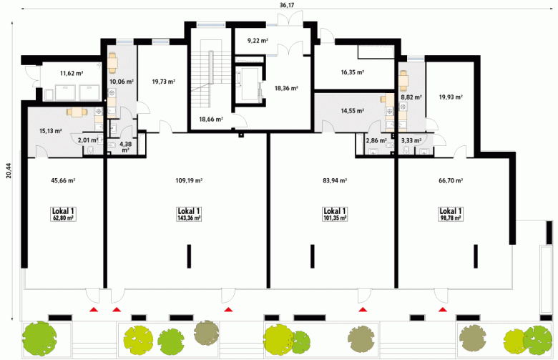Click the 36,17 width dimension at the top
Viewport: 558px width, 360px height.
[287, 4]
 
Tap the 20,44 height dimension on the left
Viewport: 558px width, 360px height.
[9, 170]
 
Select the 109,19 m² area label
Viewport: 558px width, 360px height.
[189, 180]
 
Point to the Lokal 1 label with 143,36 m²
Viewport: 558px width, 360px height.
[189, 215]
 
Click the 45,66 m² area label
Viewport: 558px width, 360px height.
[63, 180]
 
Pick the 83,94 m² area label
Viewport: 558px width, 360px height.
[335, 180]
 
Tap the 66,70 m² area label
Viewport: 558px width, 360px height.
[451, 180]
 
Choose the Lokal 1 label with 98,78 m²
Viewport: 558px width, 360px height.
[451, 215]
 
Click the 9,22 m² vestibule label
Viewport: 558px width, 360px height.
[258, 41]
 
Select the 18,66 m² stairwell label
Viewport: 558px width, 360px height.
[211, 120]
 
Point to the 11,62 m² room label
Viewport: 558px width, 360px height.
[72, 74]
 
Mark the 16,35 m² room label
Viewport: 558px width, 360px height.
[352, 72]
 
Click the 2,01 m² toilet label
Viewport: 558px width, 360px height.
[87, 140]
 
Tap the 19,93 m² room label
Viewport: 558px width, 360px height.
[451, 97]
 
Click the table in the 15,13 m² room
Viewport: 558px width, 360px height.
[77, 112]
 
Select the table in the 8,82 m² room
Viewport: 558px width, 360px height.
[403, 81]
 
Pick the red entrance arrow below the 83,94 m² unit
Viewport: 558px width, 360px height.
[363, 309]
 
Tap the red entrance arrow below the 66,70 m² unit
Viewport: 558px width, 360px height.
[443, 309]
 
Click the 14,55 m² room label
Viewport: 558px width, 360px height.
[352, 111]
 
